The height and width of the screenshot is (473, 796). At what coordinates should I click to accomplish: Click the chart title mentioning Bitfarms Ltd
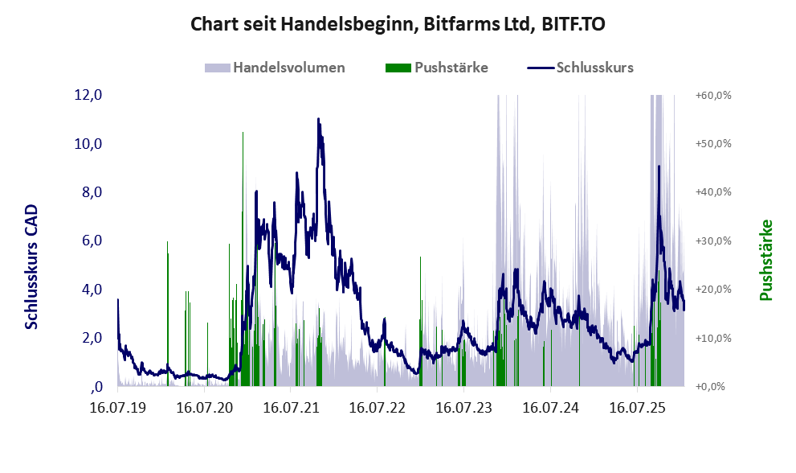point(398,24)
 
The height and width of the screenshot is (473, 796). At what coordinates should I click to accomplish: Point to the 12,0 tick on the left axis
point(88,95)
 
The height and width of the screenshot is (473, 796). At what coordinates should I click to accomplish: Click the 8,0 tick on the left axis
point(88,192)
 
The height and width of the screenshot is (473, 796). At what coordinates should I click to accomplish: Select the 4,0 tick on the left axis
point(88,290)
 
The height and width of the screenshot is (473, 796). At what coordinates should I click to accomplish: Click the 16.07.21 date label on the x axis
point(291,407)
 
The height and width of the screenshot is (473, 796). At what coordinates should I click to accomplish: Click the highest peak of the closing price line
point(318,120)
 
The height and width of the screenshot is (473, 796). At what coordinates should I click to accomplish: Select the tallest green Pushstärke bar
point(243,133)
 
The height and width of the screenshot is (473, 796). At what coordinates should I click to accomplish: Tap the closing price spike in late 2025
point(659,167)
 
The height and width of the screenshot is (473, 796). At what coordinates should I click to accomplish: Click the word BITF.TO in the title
point(574,24)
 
